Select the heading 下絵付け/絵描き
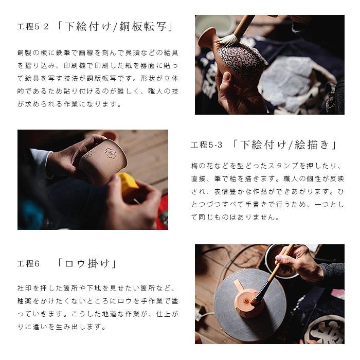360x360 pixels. click(284, 145)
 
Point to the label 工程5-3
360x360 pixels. click(207, 145)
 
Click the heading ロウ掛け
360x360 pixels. click(87, 264)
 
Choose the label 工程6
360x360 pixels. click(29, 264)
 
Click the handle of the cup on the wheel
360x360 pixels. click(238, 286)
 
